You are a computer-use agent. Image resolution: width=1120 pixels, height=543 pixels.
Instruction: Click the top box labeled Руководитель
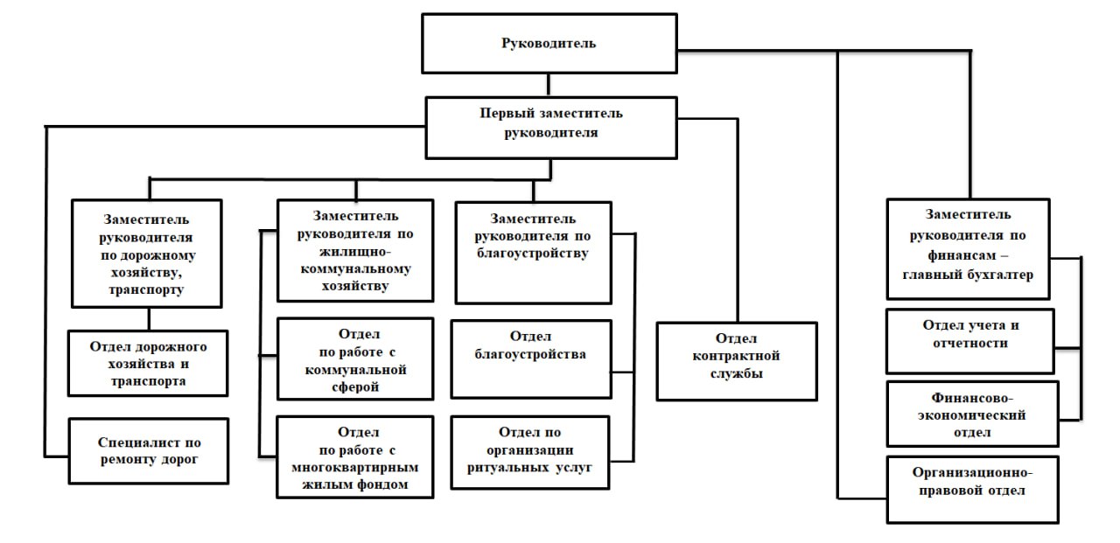(x=549, y=44)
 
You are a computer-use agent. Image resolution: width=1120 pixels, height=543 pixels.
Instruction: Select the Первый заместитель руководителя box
(x=551, y=128)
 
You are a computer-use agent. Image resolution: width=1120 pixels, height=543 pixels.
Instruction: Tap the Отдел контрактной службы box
(x=737, y=361)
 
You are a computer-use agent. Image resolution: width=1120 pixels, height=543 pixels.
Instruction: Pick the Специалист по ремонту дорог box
(x=149, y=451)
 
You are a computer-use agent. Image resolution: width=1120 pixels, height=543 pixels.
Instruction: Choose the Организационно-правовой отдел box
(x=972, y=490)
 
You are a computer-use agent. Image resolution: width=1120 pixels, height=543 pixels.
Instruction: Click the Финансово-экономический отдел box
(x=972, y=414)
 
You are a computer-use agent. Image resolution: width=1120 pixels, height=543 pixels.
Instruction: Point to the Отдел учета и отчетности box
(x=970, y=341)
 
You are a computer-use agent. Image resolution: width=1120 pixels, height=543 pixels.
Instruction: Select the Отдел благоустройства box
(x=531, y=359)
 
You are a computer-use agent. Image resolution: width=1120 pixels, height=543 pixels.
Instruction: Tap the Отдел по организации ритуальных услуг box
(x=530, y=453)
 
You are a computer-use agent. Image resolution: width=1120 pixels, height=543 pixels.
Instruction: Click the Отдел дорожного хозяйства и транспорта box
(x=148, y=363)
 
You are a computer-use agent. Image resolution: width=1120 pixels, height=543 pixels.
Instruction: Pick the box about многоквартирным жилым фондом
(x=355, y=457)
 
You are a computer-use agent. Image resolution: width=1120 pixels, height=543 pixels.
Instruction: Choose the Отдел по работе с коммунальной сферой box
(x=355, y=359)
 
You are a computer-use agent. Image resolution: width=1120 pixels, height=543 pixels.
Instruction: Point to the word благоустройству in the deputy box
(x=532, y=254)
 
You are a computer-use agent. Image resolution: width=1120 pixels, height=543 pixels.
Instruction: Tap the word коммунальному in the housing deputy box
(x=355, y=268)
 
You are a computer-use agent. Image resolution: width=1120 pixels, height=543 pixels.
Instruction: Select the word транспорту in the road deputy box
(x=146, y=289)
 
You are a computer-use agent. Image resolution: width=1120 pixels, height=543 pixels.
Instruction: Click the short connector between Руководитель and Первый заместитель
(x=549, y=86)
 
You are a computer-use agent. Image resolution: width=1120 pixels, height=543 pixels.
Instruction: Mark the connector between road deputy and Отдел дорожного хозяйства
(x=149, y=318)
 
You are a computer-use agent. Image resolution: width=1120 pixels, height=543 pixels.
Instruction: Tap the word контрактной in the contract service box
(x=736, y=356)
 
